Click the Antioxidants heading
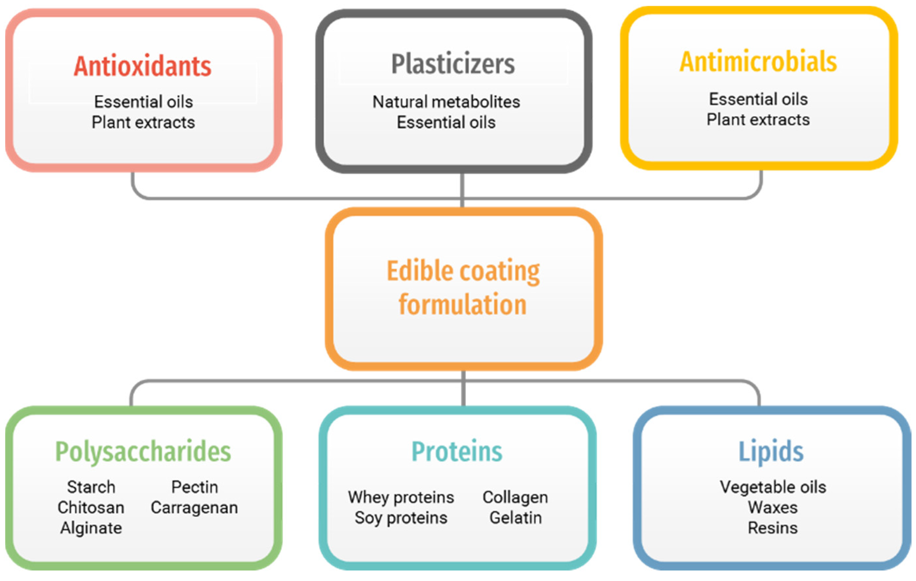click(142, 67)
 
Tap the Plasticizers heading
click(453, 64)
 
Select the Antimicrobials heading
click(758, 62)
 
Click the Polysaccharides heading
click(143, 452)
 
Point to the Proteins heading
click(457, 452)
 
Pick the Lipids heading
click(771, 452)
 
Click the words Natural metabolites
click(446, 102)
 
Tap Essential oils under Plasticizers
click(446, 123)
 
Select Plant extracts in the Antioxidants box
click(143, 123)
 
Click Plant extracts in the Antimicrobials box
click(758, 120)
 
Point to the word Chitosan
click(91, 508)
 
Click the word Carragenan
click(194, 508)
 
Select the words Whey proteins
click(401, 497)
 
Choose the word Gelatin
click(515, 518)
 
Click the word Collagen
click(515, 497)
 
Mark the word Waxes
click(773, 508)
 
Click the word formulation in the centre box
click(463, 305)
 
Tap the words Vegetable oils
click(773, 487)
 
